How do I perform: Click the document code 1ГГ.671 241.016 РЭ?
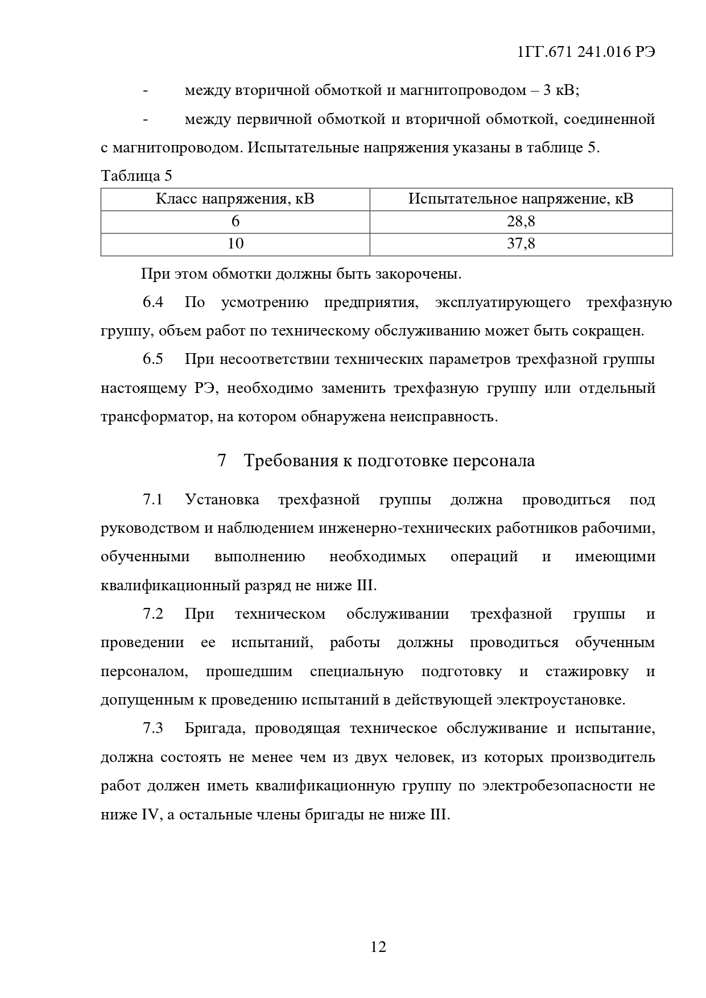coord(587,52)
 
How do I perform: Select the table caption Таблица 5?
coord(137,176)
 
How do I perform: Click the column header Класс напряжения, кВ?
coord(235,199)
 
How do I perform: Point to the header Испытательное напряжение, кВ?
coord(521,199)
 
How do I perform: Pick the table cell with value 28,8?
coord(521,221)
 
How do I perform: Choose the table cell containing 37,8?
coord(521,244)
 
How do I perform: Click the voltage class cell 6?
coord(235,221)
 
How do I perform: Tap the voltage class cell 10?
coord(235,244)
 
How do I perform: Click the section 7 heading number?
coord(222,461)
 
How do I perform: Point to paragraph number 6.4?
coord(153,302)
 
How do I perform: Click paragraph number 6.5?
coord(153,359)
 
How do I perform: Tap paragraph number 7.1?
coord(153,500)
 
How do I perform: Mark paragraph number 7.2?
coord(153,614)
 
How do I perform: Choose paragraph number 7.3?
coord(153,728)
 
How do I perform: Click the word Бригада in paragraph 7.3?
coord(214,728)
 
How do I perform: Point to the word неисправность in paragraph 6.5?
coord(443,417)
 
